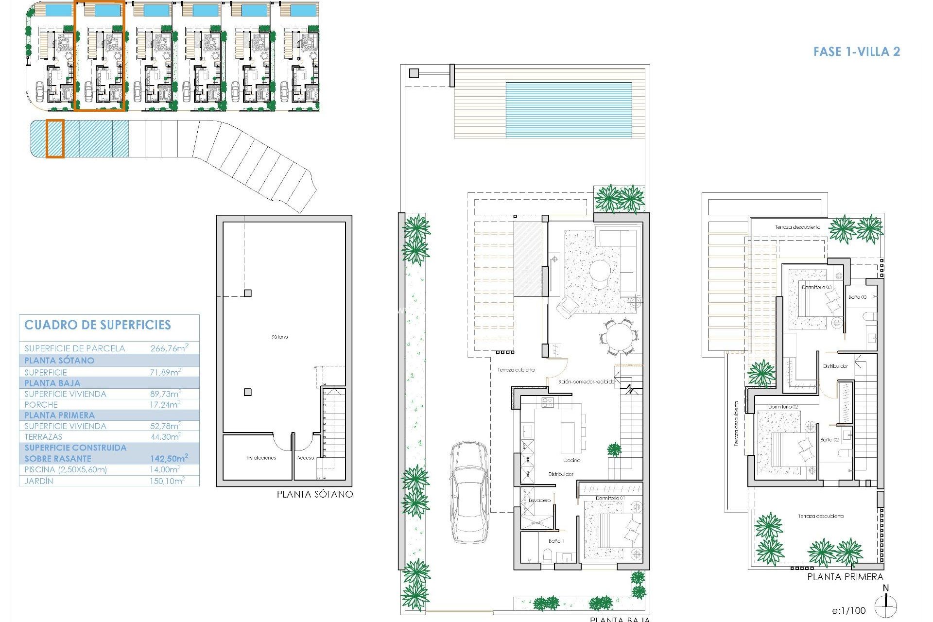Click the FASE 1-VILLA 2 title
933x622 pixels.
(x=857, y=52)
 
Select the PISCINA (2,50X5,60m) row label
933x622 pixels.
(x=66, y=469)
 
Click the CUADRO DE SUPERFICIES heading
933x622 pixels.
(x=98, y=325)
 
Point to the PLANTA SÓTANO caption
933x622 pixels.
(x=315, y=494)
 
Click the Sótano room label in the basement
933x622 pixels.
(x=279, y=337)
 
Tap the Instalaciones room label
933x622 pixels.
(x=261, y=458)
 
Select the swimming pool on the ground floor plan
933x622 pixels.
(x=569, y=110)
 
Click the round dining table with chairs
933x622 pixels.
(x=619, y=336)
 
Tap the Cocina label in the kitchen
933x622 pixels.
(x=572, y=460)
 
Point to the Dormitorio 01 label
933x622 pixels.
(x=610, y=498)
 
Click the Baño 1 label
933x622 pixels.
(x=554, y=541)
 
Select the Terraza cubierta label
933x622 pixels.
(x=516, y=370)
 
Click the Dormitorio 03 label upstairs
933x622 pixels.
(x=816, y=287)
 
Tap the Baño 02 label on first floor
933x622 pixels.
(x=829, y=440)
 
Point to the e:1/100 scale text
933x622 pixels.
(x=848, y=611)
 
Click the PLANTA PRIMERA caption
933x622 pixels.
(x=845, y=577)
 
